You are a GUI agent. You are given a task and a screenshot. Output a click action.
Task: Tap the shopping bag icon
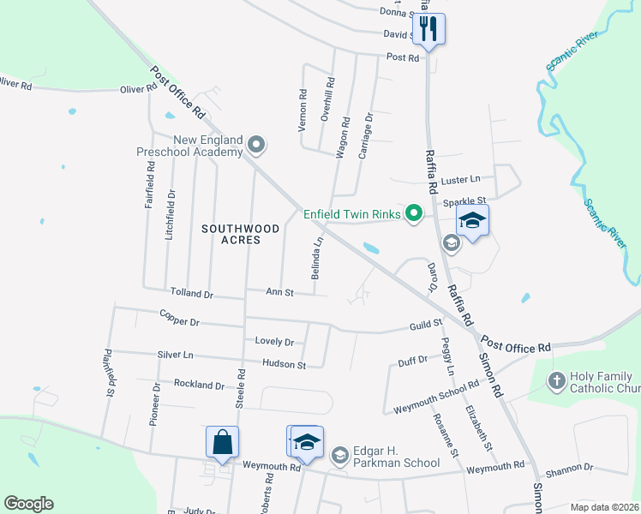222,442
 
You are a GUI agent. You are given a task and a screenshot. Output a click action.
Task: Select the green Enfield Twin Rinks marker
414,212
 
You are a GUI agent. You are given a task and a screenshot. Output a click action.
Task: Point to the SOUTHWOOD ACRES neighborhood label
229,234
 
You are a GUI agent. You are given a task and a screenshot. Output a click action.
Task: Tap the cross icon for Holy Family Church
556,380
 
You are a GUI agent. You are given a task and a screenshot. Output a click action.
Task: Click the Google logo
28,504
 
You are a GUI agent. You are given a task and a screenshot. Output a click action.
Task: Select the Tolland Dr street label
191,294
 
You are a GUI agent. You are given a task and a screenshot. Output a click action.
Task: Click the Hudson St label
284,364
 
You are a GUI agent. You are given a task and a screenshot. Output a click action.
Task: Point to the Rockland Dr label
199,385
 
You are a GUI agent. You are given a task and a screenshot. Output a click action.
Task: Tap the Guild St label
424,325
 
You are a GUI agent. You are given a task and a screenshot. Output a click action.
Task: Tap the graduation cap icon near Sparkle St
472,220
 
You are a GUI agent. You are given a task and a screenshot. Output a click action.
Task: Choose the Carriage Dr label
365,129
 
